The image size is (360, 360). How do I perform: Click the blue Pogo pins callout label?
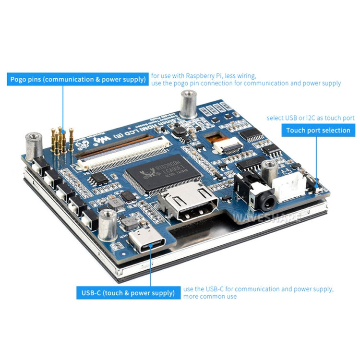point(77,79)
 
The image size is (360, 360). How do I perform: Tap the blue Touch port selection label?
point(318,130)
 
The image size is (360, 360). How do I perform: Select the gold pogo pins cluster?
point(61,140)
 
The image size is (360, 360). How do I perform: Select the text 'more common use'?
point(210,297)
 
